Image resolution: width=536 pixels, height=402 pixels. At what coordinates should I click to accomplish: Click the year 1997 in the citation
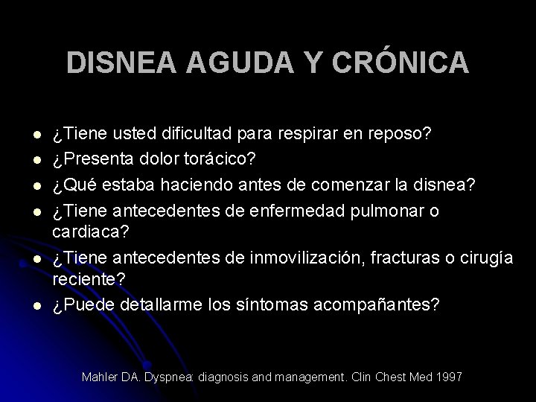[449, 377]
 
